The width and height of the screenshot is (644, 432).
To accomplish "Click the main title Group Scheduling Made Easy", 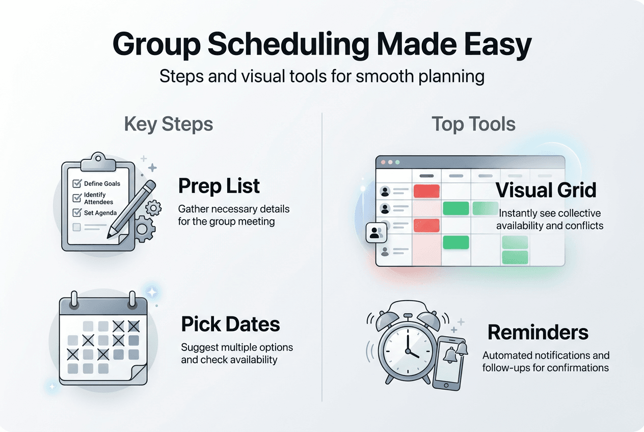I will (x=322, y=45).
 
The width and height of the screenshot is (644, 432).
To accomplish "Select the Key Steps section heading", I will (x=169, y=124).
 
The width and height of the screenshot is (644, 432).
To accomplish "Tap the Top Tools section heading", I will (x=473, y=124).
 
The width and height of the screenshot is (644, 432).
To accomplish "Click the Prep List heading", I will (x=219, y=186).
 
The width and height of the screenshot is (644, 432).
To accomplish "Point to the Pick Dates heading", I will (x=231, y=324).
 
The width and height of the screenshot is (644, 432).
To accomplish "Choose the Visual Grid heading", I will (x=546, y=191).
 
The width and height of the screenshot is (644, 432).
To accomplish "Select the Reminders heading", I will (x=538, y=333).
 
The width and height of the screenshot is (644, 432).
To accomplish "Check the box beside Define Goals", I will (x=77, y=183).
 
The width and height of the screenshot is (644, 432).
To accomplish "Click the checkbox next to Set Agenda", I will (x=77, y=212).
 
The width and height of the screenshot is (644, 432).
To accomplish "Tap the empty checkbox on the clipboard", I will (x=77, y=227).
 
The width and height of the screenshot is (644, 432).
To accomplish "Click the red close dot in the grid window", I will (x=383, y=162).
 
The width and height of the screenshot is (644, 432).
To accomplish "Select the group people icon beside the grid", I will (x=377, y=233).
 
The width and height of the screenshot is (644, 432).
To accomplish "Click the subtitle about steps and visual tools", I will (x=322, y=76).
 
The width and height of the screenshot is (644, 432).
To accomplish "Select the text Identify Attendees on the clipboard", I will (x=95, y=198).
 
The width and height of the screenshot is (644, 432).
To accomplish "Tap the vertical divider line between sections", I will (x=323, y=255).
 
